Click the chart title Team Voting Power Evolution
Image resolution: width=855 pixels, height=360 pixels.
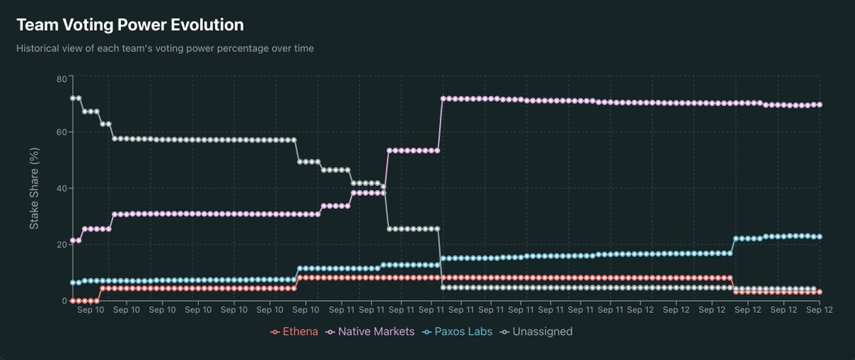[130, 25]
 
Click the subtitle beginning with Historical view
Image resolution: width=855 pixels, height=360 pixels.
[165, 48]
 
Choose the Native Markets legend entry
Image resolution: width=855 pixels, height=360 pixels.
[370, 331]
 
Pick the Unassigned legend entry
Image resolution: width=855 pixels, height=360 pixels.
[537, 331]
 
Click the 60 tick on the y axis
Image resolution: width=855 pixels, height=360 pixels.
[61, 132]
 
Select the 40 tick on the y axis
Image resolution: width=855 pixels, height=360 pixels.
[61, 188]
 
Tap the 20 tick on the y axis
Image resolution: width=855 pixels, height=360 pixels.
[61, 245]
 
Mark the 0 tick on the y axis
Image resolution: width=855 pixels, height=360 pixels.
[64, 301]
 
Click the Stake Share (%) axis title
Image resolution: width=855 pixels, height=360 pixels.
[33, 188]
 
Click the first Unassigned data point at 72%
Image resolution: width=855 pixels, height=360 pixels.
[73, 98]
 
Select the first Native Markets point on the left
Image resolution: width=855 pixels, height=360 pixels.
[73, 240]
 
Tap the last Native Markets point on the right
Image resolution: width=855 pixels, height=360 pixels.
[820, 105]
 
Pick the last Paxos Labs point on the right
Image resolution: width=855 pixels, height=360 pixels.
[820, 237]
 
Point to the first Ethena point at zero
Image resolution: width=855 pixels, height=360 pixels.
[73, 301]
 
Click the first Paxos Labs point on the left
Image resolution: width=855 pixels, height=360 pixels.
[73, 283]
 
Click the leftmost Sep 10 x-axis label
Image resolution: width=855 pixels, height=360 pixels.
[90, 311]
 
